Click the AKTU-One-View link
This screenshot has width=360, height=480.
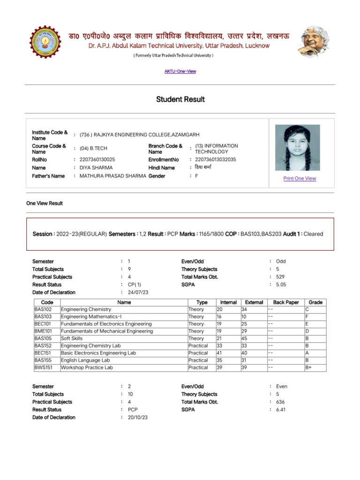[x=180, y=71]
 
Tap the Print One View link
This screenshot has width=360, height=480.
[x=300, y=179]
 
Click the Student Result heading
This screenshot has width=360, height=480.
[x=180, y=99]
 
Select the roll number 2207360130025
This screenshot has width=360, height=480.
[x=97, y=160]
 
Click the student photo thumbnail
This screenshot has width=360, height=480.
[x=298, y=148]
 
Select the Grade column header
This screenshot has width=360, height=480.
[x=315, y=302]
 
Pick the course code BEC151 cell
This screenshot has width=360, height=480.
[x=43, y=353]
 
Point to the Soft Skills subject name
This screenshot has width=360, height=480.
[x=72, y=338]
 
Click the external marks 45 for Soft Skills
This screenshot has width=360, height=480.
[x=244, y=338]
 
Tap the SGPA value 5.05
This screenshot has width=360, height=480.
[x=281, y=285]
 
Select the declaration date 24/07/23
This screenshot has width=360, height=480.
[x=138, y=292]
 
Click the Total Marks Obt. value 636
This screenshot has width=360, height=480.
[x=280, y=402]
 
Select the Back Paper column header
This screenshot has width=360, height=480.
[x=285, y=302]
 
